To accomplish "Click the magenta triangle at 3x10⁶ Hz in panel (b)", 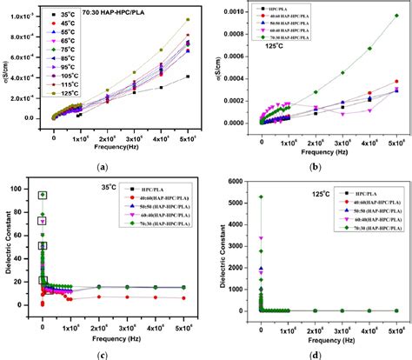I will pos(342,114).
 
